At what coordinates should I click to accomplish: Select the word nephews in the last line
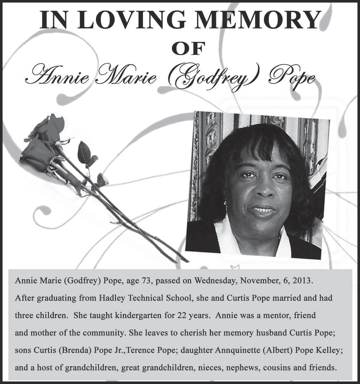tap(243, 367)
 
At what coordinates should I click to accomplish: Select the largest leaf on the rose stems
tap(84, 152)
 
